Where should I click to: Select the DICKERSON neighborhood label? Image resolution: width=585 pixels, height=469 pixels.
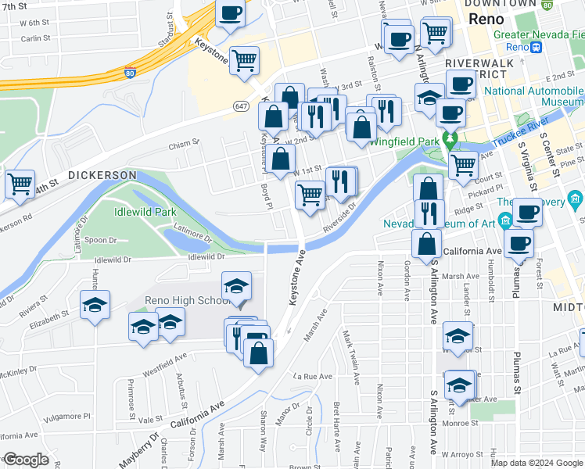coord(102,175)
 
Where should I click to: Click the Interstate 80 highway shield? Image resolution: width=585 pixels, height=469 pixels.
coord(129,73)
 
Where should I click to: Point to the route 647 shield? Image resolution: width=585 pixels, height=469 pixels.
coord(241,105)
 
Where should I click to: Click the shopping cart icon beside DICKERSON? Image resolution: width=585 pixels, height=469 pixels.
coord(20,184)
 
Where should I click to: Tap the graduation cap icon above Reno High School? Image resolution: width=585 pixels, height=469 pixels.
coord(236,287)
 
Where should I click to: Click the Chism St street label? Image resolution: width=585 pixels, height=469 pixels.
coord(185,144)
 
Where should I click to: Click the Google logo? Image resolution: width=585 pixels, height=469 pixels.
coord(26,460)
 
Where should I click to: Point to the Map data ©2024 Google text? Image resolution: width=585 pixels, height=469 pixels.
coord(537,463)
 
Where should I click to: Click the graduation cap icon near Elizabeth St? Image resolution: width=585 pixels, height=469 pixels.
coord(95,306)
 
